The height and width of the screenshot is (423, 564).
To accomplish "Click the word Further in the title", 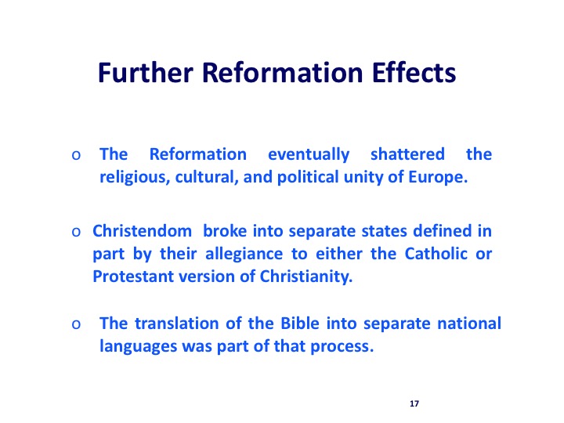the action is pyautogui.click(x=146, y=73).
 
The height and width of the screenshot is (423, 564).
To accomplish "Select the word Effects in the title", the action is pyautogui.click(x=414, y=73).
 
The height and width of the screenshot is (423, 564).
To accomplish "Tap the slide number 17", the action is pyautogui.click(x=414, y=403).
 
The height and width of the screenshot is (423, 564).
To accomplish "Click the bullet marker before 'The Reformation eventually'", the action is pyautogui.click(x=76, y=155).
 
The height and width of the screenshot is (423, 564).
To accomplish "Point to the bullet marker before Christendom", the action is pyautogui.click(x=76, y=232).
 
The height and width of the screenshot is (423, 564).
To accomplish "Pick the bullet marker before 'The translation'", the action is pyautogui.click(x=76, y=324).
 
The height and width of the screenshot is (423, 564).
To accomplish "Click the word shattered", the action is pyautogui.click(x=407, y=154).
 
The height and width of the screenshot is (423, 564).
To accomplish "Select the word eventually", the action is pyautogui.click(x=309, y=155).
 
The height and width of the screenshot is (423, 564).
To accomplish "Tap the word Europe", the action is pyautogui.click(x=438, y=177).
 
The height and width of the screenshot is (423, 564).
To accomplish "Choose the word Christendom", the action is pyautogui.click(x=142, y=231).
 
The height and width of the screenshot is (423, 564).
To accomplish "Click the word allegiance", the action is pyautogui.click(x=244, y=255).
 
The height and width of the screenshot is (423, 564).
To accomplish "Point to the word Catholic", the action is pyautogui.click(x=436, y=254).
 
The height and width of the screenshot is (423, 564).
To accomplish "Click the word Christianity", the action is pyautogui.click(x=306, y=277).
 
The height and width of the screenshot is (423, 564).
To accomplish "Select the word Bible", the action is pyautogui.click(x=300, y=323).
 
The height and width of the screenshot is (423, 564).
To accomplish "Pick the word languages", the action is pyautogui.click(x=138, y=347).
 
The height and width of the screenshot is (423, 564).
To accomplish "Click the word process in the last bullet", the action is pyautogui.click(x=342, y=347).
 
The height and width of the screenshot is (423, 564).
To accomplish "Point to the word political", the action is pyautogui.click(x=308, y=177).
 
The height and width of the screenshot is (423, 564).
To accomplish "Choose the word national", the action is pyautogui.click(x=469, y=323).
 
